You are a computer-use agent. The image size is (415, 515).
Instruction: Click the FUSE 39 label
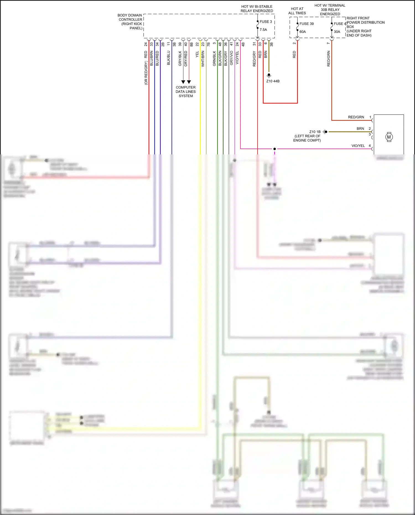tap(307, 24)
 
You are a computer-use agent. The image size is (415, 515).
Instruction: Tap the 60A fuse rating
tap(303, 32)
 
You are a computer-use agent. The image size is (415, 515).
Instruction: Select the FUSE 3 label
tap(266, 22)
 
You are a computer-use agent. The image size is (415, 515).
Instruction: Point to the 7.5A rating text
tap(263, 30)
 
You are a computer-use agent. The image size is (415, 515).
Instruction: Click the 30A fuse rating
tap(337, 32)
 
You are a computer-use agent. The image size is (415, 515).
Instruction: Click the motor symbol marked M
tap(389, 137)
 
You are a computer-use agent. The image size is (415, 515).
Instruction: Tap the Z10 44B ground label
tap(273, 81)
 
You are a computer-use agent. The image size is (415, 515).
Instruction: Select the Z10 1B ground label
tap(315, 132)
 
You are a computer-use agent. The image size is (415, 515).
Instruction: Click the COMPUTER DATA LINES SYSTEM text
tap(186, 92)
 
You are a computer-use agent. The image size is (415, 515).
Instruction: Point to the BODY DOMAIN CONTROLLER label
tap(130, 22)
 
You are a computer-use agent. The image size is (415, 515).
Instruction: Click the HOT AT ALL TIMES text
tap(297, 11)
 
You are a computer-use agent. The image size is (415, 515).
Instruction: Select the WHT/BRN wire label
tap(203, 59)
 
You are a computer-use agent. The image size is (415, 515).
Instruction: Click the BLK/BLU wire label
tap(168, 58)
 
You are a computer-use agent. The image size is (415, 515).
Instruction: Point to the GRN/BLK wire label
tap(214, 58)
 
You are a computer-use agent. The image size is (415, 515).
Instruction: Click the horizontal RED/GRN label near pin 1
tap(356, 117)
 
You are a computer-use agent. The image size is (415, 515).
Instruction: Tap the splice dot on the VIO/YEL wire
tap(274, 149)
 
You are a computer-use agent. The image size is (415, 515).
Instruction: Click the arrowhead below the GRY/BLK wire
tap(183, 82)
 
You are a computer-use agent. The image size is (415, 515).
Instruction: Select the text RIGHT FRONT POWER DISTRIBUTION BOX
tap(365, 27)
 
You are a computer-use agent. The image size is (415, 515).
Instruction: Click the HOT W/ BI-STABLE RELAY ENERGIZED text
tap(257, 9)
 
